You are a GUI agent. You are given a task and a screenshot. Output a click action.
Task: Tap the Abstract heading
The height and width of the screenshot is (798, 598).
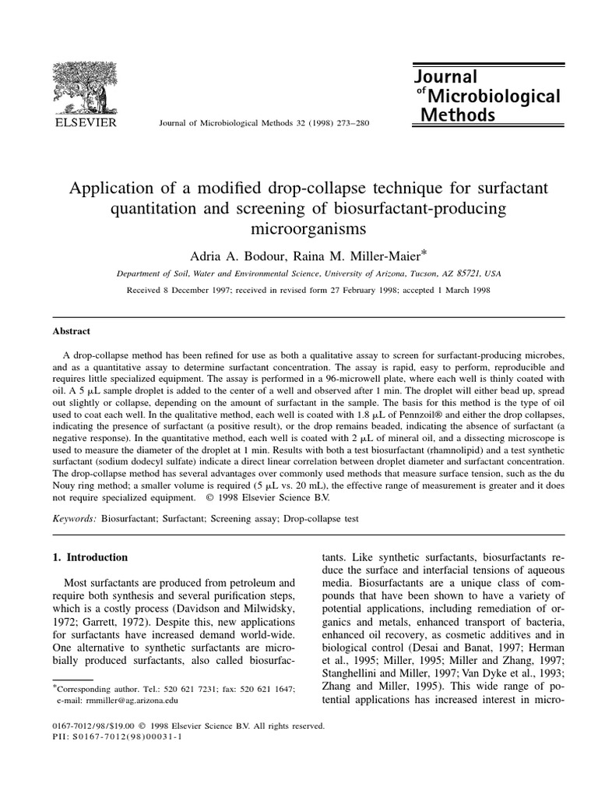(71, 330)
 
